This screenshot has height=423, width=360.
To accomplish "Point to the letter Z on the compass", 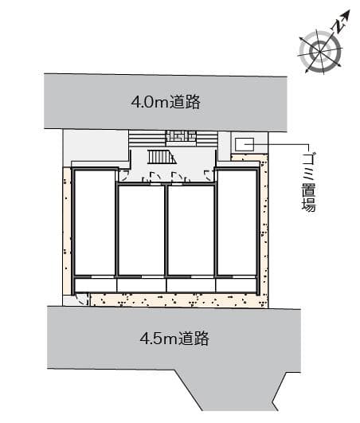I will (x=340, y=25).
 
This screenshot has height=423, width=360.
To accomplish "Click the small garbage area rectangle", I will (x=245, y=145).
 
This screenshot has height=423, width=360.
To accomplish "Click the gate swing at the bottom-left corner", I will (x=82, y=300).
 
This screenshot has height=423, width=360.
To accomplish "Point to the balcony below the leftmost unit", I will (x=94, y=284).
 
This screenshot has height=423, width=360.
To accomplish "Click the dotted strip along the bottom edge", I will (x=175, y=300).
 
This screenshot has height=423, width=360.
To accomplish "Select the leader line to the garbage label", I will (x=287, y=143).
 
